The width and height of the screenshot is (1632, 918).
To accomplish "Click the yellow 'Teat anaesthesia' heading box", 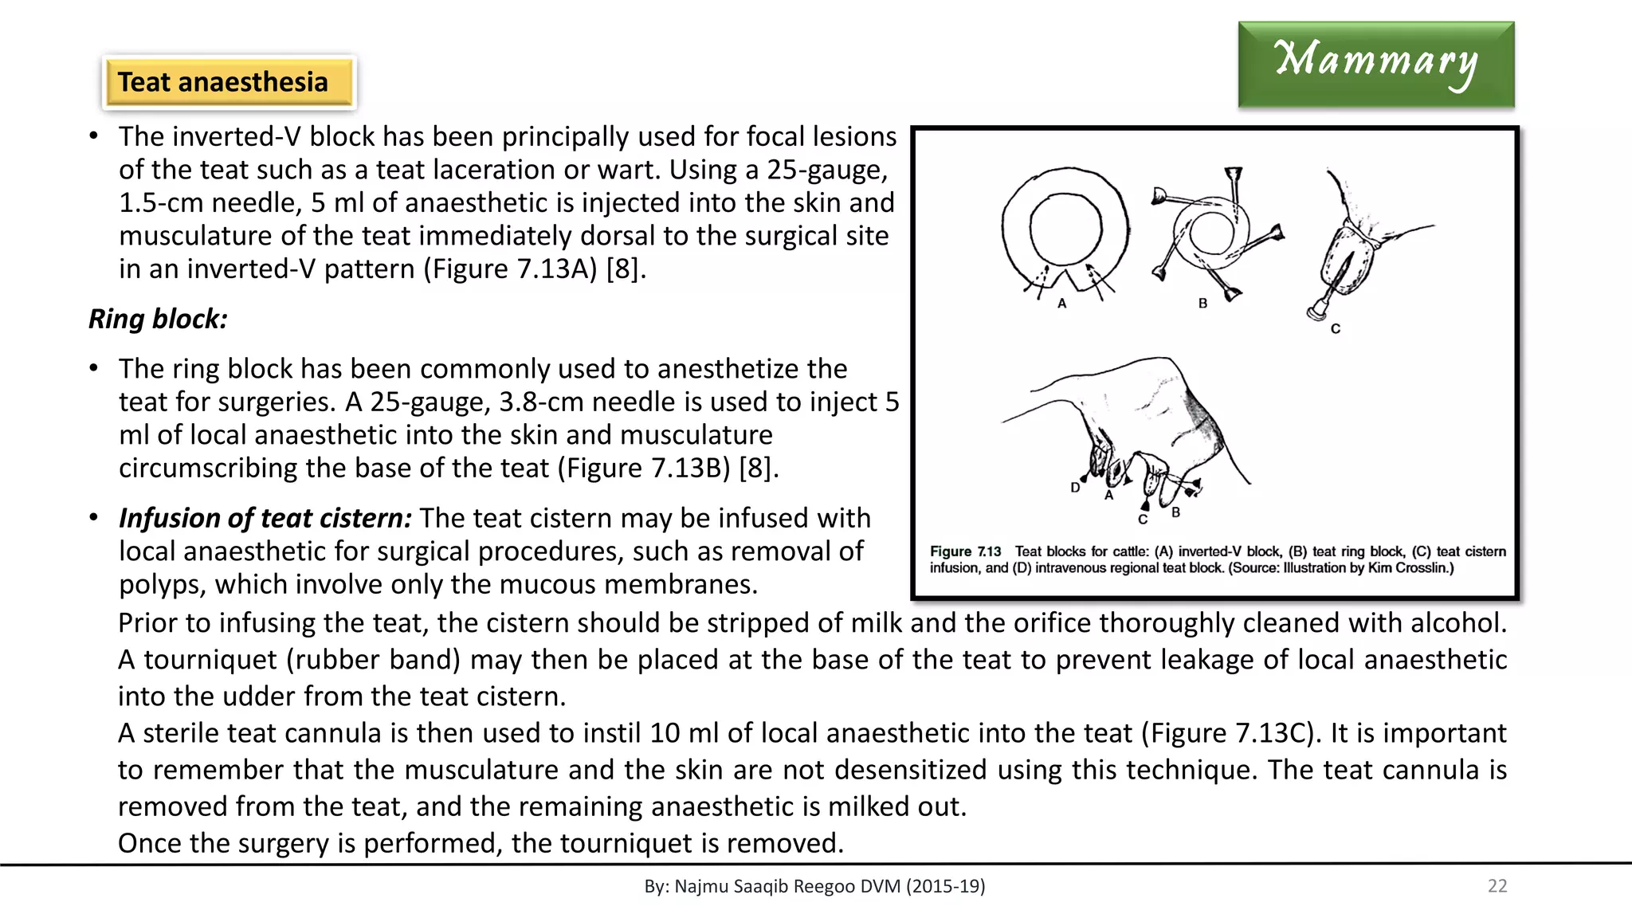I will point(229,82).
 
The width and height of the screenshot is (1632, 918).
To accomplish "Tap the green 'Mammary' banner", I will point(1375,64).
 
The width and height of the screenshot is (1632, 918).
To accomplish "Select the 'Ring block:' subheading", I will point(158,319).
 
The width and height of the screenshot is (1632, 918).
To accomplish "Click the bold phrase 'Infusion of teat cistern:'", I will point(265,518).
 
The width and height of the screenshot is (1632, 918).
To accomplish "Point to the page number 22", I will point(1497,886).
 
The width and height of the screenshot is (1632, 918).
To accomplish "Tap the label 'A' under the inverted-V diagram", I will point(1061,304).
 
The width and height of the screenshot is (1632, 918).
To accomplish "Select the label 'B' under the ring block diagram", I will point(1202,304).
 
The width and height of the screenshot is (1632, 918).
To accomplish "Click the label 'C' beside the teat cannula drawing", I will point(1336,328).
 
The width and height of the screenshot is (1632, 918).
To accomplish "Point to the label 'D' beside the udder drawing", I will point(1075,488).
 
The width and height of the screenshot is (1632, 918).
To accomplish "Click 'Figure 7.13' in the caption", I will point(965,551).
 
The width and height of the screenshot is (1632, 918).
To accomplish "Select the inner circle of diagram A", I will point(1065,229).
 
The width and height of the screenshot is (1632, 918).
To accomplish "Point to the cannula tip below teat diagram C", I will point(1316,312).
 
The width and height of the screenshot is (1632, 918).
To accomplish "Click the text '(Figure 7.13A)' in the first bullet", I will point(510,269).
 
